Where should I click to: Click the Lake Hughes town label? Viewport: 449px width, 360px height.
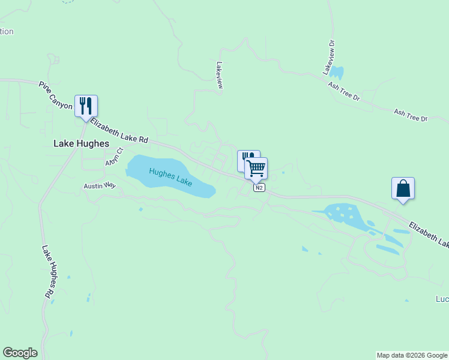coord(81,143)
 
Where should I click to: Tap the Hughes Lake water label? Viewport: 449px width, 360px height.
coord(170,176)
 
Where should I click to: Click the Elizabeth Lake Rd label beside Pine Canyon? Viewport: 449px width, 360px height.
coord(119,130)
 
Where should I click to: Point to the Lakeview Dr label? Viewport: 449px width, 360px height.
coord(330,58)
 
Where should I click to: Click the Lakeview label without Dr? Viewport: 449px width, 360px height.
coord(220,76)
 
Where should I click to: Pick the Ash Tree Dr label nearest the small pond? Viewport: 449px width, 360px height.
coord(343,92)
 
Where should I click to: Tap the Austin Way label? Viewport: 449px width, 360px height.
coord(100,186)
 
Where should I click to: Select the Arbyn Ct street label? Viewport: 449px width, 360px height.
coord(114,157)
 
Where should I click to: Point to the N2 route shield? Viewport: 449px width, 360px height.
coord(259,188)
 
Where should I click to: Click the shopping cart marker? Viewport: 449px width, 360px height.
coord(256,168)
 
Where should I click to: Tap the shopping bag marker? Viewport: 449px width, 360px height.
coord(403,188)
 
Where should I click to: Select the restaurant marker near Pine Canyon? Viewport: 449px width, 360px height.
coord(86,106)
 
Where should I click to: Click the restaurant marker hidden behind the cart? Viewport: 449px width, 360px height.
coord(244,157)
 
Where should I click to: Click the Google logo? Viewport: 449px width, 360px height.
coord(20,353)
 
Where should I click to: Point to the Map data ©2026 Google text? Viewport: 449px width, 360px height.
coord(411,355)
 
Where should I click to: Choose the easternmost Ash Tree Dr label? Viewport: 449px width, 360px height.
coord(410,115)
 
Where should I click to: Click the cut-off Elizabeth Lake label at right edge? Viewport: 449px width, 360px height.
coord(429,235)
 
